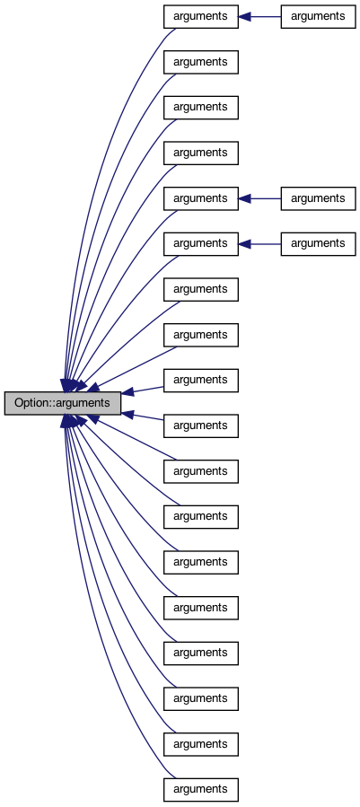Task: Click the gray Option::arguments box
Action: coord(62,403)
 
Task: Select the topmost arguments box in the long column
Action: coord(201,16)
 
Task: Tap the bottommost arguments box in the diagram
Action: coord(201,790)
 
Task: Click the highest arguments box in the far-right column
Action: coord(318,16)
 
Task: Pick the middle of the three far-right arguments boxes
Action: coord(318,198)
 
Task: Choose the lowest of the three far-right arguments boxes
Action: coord(318,243)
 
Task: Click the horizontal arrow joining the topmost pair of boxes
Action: coord(259,16)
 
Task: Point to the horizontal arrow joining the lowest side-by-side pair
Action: coord(259,243)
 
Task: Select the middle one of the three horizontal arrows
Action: coord(259,198)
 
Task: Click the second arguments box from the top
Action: coord(201,62)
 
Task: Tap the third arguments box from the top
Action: coord(201,108)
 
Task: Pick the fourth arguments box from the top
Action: coord(201,154)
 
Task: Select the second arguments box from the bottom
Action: coord(201,744)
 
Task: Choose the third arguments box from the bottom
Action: coord(201,698)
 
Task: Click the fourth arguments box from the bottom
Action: coord(201,653)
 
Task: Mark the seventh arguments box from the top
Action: coord(201,289)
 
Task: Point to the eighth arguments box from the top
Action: coord(201,335)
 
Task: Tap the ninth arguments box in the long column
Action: coord(201,381)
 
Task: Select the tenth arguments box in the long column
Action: coord(201,425)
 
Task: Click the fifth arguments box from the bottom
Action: coord(201,608)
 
